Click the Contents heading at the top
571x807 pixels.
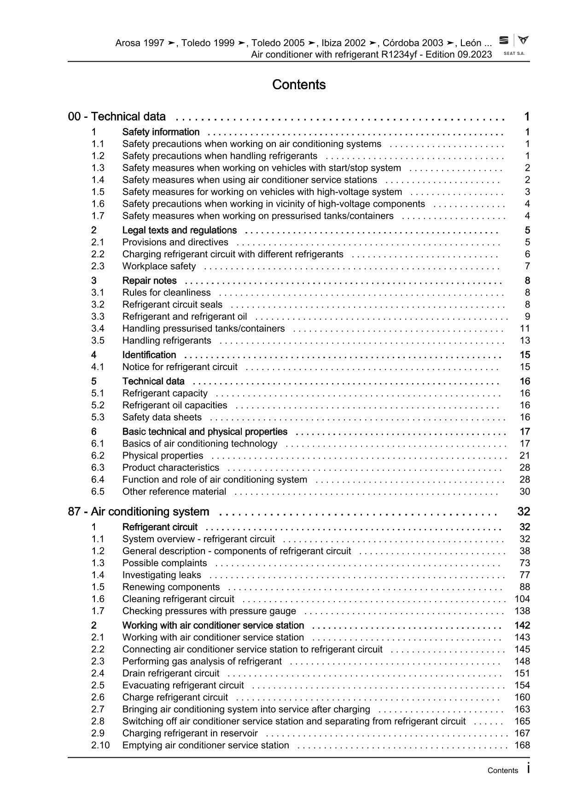[299, 85]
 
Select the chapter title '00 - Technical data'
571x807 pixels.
[117, 116]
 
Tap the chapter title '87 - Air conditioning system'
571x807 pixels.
[139, 511]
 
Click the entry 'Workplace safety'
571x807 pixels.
[159, 266]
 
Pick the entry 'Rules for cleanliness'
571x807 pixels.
[166, 292]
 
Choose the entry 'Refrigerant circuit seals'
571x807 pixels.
[172, 304]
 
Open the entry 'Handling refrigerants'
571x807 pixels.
[167, 340]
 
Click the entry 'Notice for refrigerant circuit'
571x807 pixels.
[180, 366]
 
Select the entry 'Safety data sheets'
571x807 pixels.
[162, 417]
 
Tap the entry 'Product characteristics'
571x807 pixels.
[171, 467]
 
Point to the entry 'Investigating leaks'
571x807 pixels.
[162, 575]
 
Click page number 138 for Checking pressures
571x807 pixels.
[522, 611]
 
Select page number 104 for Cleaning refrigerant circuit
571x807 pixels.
[522, 599]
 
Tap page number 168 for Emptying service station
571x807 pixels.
[522, 745]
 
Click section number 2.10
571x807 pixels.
[100, 745]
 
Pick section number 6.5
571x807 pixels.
[98, 491]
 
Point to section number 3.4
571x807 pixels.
[98, 328]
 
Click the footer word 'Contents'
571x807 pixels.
[503, 771]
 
